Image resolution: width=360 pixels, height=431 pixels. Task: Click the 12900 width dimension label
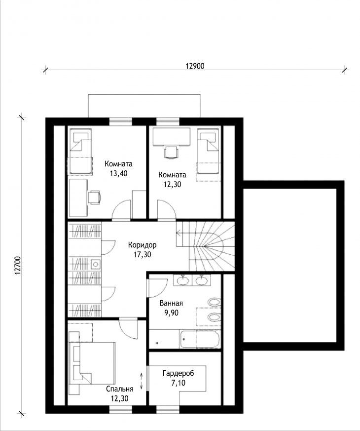pos(195,66)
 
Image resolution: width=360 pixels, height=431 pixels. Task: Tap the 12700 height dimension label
pos(18,266)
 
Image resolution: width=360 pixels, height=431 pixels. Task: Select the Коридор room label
pos(142,245)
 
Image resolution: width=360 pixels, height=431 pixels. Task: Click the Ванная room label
pos(171,304)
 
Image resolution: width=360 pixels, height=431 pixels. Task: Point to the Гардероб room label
pos(178,373)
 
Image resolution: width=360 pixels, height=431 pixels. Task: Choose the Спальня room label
pos(120,389)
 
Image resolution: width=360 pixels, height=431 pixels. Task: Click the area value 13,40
pos(119,173)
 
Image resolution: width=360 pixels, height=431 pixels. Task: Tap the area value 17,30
pos(142,255)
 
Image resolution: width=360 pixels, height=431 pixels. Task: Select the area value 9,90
pos(171,313)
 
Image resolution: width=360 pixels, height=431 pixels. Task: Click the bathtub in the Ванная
pos(200,339)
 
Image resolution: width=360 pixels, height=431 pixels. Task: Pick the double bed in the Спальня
pos(92,363)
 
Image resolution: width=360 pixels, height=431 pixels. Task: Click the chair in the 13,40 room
pos(94,197)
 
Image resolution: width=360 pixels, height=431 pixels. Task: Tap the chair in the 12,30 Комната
pos(171,152)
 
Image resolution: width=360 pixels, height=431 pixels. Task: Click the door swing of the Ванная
pos(157,288)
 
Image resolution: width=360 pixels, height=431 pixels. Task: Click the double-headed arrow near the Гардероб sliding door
pos(142,381)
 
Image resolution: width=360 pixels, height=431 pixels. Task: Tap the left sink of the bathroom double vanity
pos(182,280)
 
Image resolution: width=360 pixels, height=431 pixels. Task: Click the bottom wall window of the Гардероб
pos(168,410)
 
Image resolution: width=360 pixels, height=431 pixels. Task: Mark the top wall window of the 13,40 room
pos(121,121)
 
